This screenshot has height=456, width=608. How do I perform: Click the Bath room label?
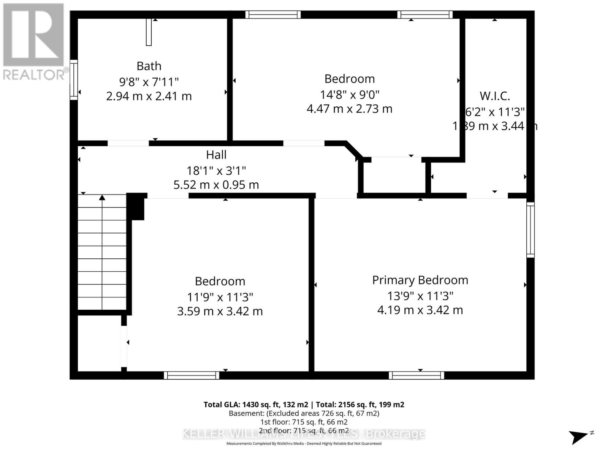(x=149, y=66)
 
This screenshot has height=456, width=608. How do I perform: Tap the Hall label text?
(x=216, y=155)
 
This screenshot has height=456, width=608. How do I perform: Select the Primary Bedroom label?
(x=420, y=280)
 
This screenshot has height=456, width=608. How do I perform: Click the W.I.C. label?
(x=494, y=96)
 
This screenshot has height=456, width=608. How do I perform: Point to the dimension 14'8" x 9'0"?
(x=349, y=94)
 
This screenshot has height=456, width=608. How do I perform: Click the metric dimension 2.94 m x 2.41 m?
(x=149, y=96)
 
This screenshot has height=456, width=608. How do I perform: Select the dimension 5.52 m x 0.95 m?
(x=216, y=185)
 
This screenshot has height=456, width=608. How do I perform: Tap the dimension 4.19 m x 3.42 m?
(x=420, y=310)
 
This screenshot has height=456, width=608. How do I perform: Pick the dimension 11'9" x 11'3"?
(x=220, y=297)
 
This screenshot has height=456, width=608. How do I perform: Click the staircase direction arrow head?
(x=102, y=197)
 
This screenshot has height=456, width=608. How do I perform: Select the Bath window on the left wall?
(x=74, y=80)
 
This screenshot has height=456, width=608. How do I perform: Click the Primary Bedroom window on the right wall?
(x=530, y=230)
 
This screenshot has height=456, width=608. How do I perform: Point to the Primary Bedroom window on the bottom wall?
(x=416, y=375)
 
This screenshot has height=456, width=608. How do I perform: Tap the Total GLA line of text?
(x=304, y=405)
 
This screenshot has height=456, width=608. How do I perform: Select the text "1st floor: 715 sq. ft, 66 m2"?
(x=304, y=422)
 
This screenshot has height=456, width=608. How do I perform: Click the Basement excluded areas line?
(x=304, y=413)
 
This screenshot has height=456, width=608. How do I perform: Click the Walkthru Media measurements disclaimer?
(x=304, y=443)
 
